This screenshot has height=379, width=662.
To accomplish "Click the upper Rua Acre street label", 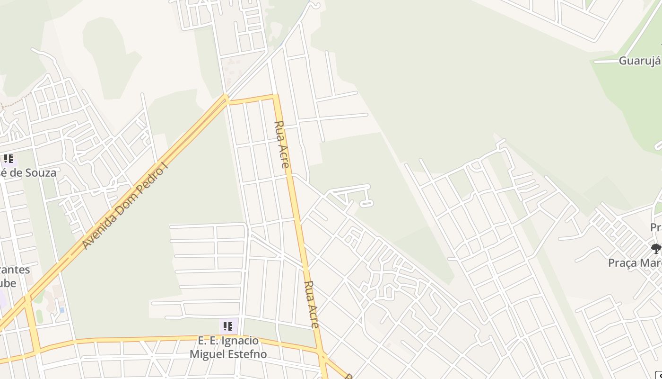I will [282, 144].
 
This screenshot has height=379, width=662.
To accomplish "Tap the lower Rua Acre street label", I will [312, 304].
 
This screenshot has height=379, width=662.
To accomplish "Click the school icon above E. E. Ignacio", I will [228, 326].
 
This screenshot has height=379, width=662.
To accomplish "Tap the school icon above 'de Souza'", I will [8, 159].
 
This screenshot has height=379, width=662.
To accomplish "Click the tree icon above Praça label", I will [655, 248].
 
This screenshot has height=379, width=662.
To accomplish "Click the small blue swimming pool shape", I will [62, 310].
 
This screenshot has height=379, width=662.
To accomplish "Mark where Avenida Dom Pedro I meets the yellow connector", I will [226, 99].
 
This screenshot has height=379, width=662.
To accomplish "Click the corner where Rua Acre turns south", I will [275, 97].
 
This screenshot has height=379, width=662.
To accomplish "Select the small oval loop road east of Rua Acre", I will [366, 203].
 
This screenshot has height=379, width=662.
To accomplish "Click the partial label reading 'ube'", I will [8, 283].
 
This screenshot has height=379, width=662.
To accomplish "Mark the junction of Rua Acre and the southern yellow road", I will [322, 354].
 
